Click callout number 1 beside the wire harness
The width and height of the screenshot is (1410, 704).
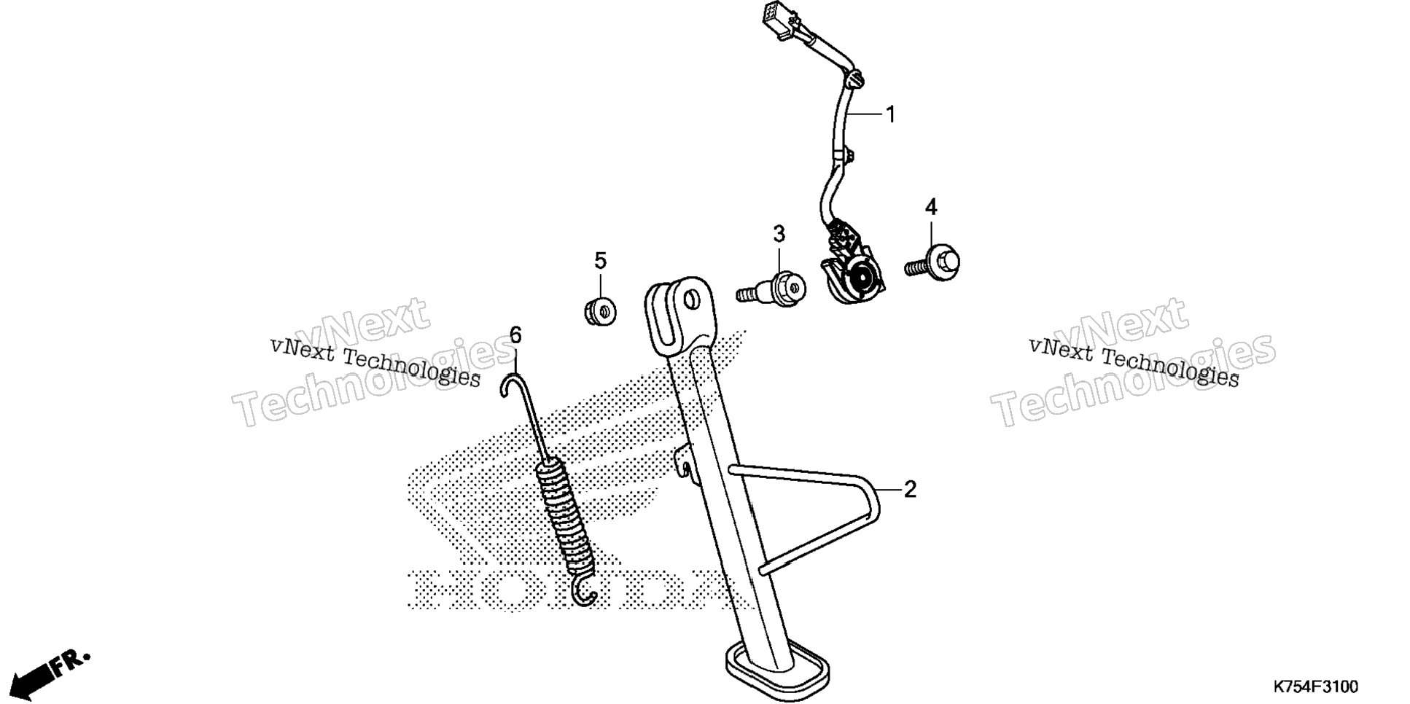(889, 114)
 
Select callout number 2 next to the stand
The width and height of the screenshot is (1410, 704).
(909, 490)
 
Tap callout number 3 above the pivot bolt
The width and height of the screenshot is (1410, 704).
(779, 235)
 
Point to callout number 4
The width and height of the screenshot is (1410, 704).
(931, 208)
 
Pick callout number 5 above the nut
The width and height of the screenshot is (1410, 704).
(600, 260)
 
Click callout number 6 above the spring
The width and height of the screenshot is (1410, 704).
(515, 335)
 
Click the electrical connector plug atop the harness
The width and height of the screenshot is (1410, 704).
(774, 20)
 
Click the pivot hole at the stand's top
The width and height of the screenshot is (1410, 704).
(690, 299)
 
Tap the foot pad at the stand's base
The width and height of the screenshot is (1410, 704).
(778, 668)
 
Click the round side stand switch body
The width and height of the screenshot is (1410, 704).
(860, 281)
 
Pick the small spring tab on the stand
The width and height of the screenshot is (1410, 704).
(684, 464)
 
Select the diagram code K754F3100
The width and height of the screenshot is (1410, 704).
(1315, 687)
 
